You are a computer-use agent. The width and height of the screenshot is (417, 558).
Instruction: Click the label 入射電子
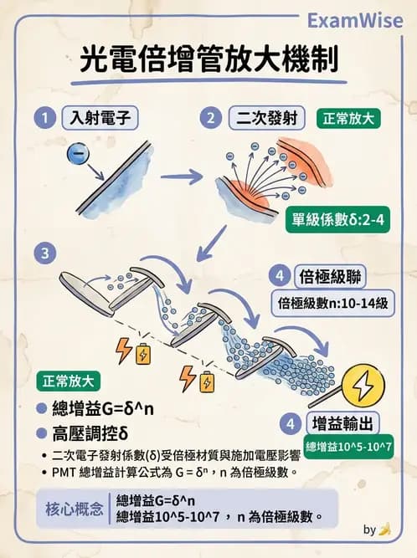coord(99,118)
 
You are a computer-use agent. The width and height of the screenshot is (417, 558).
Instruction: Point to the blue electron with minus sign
coord(76,152)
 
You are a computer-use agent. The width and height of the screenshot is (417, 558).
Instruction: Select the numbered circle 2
coord(213,118)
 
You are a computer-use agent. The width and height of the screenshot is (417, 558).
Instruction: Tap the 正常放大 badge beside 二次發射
coord(350,118)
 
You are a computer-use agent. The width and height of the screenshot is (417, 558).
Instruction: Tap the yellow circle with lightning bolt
coord(365,385)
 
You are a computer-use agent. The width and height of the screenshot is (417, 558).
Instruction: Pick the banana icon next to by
coord(384,529)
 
